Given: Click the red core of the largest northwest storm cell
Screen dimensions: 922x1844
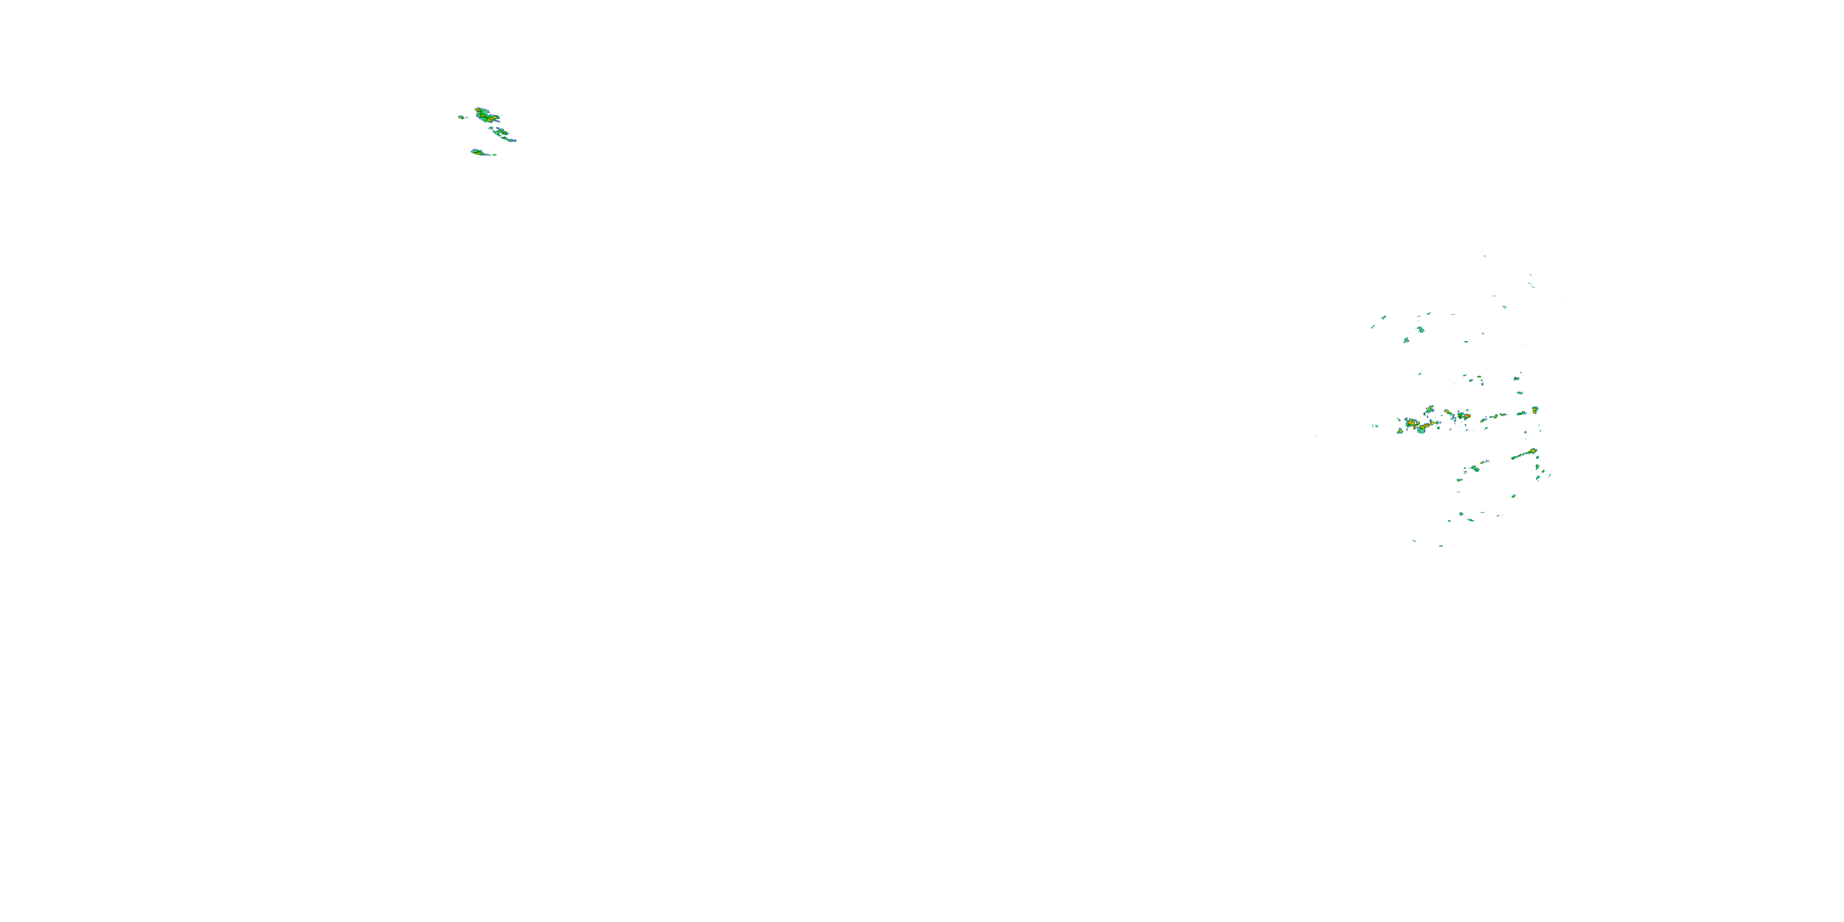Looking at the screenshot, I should pyautogui.click(x=483, y=113).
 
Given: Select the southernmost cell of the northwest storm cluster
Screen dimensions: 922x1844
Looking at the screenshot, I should pyautogui.click(x=478, y=152).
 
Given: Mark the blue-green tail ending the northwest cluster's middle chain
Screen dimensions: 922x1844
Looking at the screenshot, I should pyautogui.click(x=513, y=140).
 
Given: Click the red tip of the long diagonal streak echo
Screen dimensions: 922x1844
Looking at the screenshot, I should pyautogui.click(x=1532, y=451).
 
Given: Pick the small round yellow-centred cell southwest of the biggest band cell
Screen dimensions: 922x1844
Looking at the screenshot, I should pyautogui.click(x=1400, y=431).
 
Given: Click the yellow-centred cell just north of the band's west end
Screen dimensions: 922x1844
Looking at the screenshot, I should pyautogui.click(x=1430, y=409).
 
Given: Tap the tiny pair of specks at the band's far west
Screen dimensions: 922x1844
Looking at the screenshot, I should pyautogui.click(x=1375, y=427).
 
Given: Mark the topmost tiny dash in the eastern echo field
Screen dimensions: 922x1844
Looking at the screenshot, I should pyautogui.click(x=1484, y=256).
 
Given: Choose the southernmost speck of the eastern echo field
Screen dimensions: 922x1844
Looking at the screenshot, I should pyautogui.click(x=1440, y=545).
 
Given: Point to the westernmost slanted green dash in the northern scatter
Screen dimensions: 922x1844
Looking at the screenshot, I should pyautogui.click(x=1373, y=327).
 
